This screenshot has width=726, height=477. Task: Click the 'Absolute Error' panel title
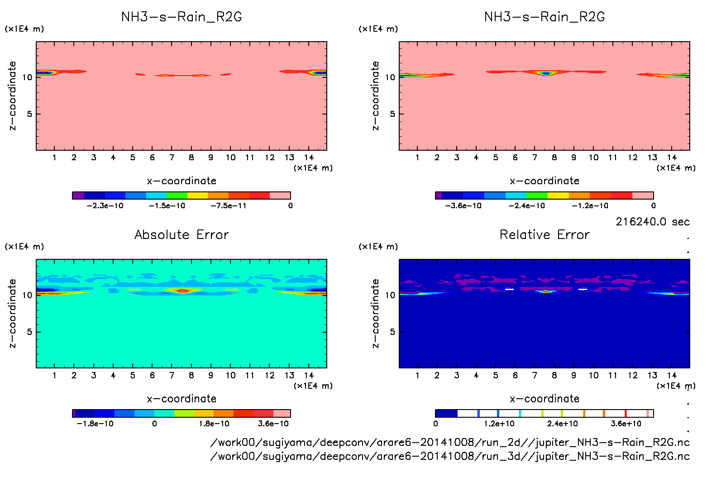click(x=181, y=234)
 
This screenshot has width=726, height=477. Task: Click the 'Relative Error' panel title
click(x=544, y=234)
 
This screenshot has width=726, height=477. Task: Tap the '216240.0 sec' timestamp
click(x=652, y=222)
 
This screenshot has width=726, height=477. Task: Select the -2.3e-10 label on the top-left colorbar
click(x=105, y=205)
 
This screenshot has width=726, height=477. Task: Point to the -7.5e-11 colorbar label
click(x=229, y=205)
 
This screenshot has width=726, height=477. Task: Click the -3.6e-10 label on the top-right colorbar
click(x=463, y=205)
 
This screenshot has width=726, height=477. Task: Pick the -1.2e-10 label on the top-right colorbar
click(x=590, y=205)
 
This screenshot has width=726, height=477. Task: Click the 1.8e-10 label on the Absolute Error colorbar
click(x=214, y=424)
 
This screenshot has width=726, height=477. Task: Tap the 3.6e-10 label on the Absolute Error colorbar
click(x=273, y=424)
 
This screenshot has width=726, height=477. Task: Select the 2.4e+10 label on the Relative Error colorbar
click(x=562, y=424)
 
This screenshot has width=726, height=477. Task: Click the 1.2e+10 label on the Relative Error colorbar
click(x=499, y=424)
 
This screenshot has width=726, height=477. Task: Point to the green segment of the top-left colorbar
click(x=177, y=196)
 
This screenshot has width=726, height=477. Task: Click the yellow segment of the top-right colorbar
click(x=558, y=196)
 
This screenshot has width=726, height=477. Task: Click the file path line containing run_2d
click(x=450, y=442)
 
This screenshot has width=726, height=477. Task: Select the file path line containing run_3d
click(x=450, y=456)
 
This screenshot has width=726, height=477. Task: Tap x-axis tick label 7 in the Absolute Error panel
click(x=172, y=375)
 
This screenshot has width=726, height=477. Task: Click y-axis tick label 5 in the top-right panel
click(x=392, y=114)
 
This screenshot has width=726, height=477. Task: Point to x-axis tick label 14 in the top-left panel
click(x=309, y=157)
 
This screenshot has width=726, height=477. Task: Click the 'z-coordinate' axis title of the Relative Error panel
click(x=375, y=313)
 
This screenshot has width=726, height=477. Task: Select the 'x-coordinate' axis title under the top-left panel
click(x=181, y=181)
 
